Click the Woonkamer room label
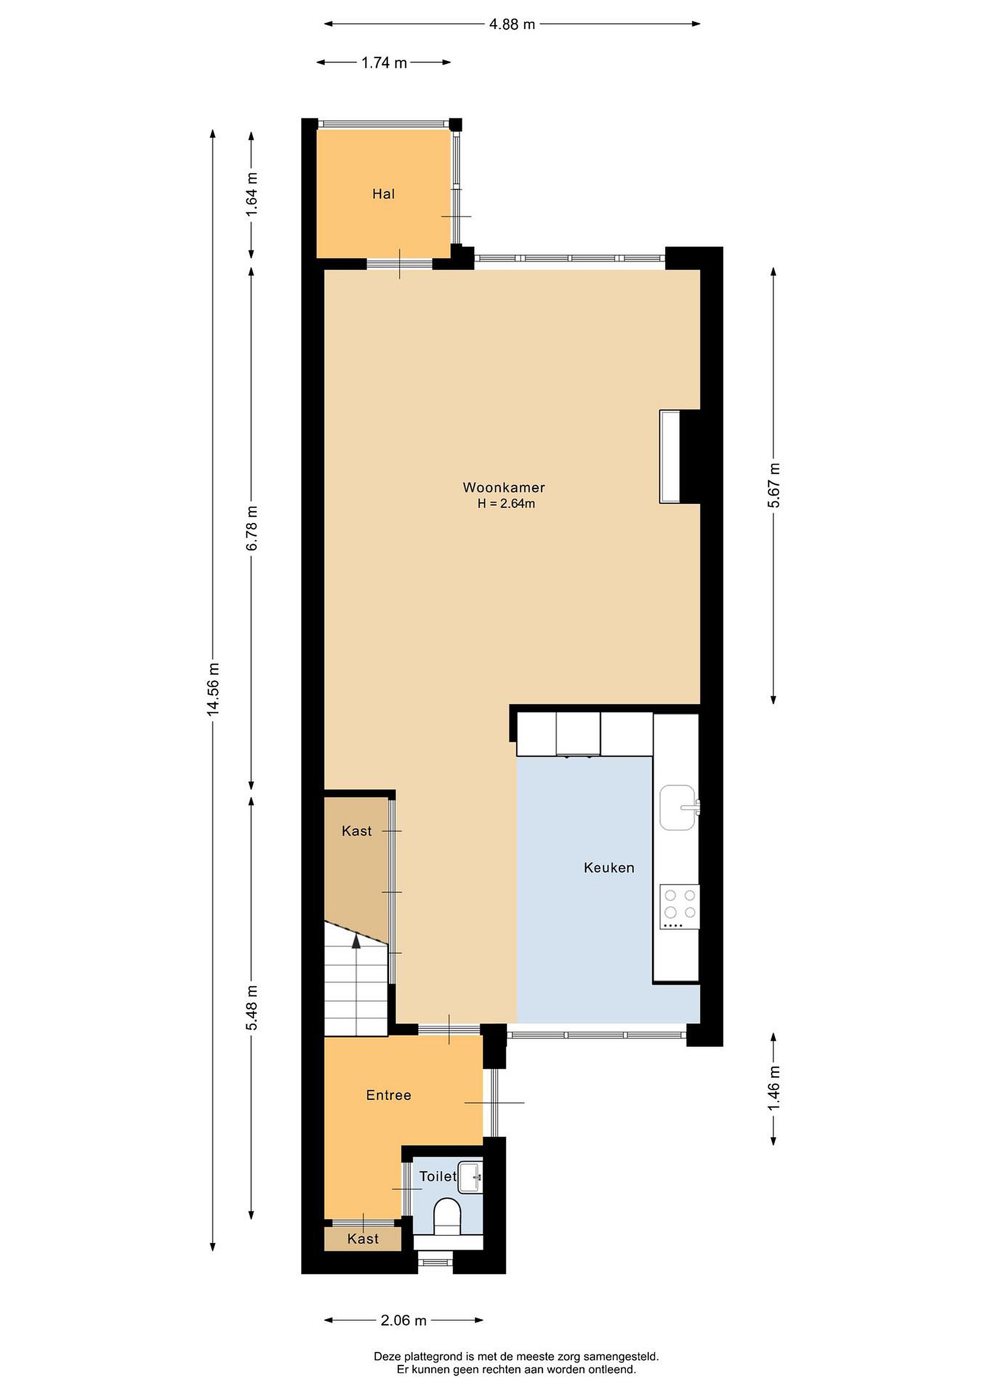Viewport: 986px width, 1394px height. coord(503,487)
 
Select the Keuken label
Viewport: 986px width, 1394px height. coord(609,867)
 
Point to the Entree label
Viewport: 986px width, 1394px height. coord(389,1095)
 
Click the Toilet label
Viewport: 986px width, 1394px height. coord(438,1177)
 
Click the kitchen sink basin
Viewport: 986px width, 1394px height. coord(678,807)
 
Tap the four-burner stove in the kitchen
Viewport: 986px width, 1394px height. coord(680,907)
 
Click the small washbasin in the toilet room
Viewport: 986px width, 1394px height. coord(470,1177)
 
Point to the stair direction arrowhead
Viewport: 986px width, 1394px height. coord(356,940)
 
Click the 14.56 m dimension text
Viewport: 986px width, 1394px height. coord(213,689)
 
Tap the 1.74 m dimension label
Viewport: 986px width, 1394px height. coord(384,62)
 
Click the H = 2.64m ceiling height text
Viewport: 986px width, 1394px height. coord(506,503)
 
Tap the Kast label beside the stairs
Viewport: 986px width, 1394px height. coord(356,831)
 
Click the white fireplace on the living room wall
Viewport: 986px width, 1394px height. coord(670,456)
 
